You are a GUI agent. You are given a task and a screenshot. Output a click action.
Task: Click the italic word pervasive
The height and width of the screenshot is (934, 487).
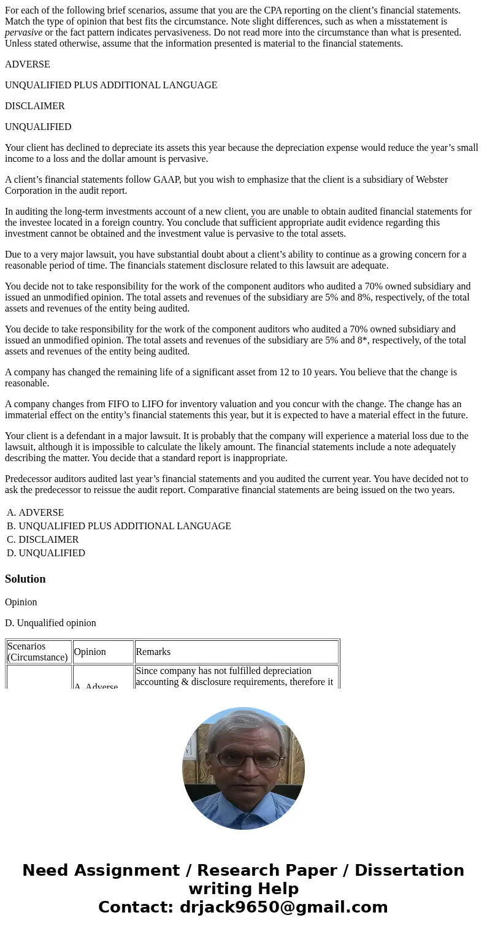click(23, 33)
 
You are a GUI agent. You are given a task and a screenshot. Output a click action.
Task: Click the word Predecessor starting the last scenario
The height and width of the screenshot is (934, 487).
click(29, 479)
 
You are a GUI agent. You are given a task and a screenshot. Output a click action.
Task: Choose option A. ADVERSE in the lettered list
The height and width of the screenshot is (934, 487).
click(36, 513)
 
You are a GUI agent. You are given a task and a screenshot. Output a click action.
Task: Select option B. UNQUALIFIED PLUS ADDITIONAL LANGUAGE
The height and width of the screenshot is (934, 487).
click(119, 526)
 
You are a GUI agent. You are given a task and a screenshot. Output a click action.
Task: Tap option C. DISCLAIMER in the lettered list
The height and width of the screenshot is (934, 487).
click(43, 540)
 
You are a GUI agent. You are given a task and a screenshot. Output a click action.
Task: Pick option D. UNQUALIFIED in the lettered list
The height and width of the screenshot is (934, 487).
click(46, 553)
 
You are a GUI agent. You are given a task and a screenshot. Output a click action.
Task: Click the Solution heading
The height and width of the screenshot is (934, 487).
click(25, 579)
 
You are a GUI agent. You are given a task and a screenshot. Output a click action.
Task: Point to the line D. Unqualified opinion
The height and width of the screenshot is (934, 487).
click(50, 623)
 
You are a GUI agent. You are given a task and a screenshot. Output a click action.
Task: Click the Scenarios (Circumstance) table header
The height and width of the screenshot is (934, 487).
click(38, 652)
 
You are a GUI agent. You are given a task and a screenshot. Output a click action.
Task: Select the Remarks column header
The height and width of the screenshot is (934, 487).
click(153, 652)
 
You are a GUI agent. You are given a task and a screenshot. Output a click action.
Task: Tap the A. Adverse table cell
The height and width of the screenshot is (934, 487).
click(96, 687)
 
